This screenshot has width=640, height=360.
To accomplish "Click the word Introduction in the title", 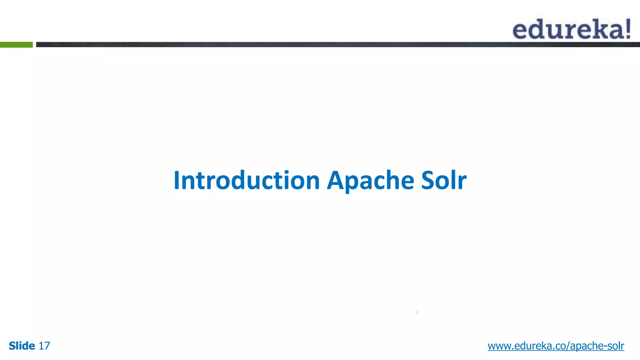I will (247, 180).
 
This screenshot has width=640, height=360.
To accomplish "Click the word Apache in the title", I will (370, 180).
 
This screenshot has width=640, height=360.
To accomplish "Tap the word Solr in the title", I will (444, 180).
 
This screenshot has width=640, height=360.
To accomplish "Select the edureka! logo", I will (571, 29).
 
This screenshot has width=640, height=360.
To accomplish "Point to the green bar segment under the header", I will (16, 45).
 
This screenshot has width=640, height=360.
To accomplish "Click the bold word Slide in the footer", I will (22, 346).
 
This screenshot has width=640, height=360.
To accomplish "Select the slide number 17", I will (44, 346).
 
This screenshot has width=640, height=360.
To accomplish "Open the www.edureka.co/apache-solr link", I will (556, 346).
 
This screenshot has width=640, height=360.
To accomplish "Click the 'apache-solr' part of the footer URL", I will (597, 346).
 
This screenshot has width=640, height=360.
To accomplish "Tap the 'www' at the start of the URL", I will (499, 346).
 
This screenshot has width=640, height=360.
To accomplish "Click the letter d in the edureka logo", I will (537, 29).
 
